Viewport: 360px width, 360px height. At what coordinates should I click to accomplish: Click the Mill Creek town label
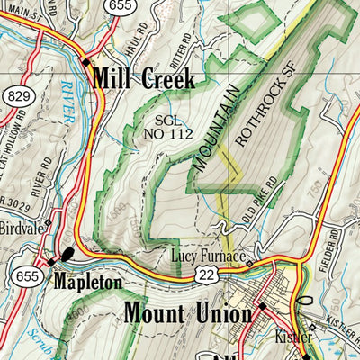click(x=143, y=79)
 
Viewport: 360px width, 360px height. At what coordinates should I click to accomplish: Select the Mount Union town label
click(x=188, y=314)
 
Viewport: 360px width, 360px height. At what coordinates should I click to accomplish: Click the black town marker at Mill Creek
click(x=85, y=63)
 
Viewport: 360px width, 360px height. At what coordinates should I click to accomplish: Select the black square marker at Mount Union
click(x=262, y=306)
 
